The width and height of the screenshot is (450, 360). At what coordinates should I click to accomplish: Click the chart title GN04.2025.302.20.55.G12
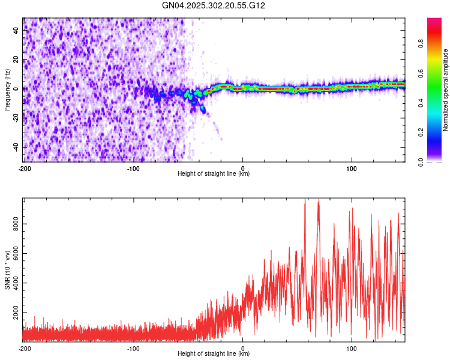point(213,5)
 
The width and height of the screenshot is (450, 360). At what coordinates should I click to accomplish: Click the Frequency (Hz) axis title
point(7,90)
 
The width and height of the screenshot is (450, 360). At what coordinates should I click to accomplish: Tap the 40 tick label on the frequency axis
point(16,30)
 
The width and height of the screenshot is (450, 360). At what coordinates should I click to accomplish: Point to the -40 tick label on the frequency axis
point(16,147)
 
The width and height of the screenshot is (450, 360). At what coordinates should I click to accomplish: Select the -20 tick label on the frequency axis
point(16,118)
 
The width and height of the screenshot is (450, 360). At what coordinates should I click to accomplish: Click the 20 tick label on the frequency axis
point(16,60)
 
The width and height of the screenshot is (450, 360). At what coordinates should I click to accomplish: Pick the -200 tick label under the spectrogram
point(25,169)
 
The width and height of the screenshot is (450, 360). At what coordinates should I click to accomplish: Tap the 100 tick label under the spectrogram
point(351,169)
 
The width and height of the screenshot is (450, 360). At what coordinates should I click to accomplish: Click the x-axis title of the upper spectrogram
point(214,173)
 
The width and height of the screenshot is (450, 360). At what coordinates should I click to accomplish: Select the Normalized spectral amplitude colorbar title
point(445,90)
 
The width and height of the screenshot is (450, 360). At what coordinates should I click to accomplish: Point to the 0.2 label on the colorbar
point(421,133)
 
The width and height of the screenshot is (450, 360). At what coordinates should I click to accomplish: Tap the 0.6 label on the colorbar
point(421,73)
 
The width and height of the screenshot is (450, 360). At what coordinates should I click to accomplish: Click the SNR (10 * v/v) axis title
point(7,270)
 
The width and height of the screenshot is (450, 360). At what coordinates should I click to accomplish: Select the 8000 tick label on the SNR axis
point(16,224)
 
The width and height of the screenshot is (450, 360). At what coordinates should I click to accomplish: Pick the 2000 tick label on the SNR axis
point(16,313)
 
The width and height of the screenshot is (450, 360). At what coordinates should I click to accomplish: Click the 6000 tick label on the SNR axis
point(16,253)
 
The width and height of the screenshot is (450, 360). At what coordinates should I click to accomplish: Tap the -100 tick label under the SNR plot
point(133,349)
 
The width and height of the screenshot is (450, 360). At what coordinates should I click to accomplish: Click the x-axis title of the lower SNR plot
point(214,353)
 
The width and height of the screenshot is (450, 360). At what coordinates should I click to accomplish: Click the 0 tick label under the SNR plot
point(243,349)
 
